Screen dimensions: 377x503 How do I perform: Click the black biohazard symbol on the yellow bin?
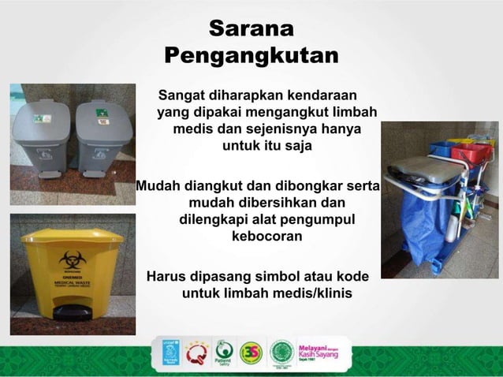click(69, 257)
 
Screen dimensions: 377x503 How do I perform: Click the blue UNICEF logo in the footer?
click(171, 352)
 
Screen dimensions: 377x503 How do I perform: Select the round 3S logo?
click(251, 352)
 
